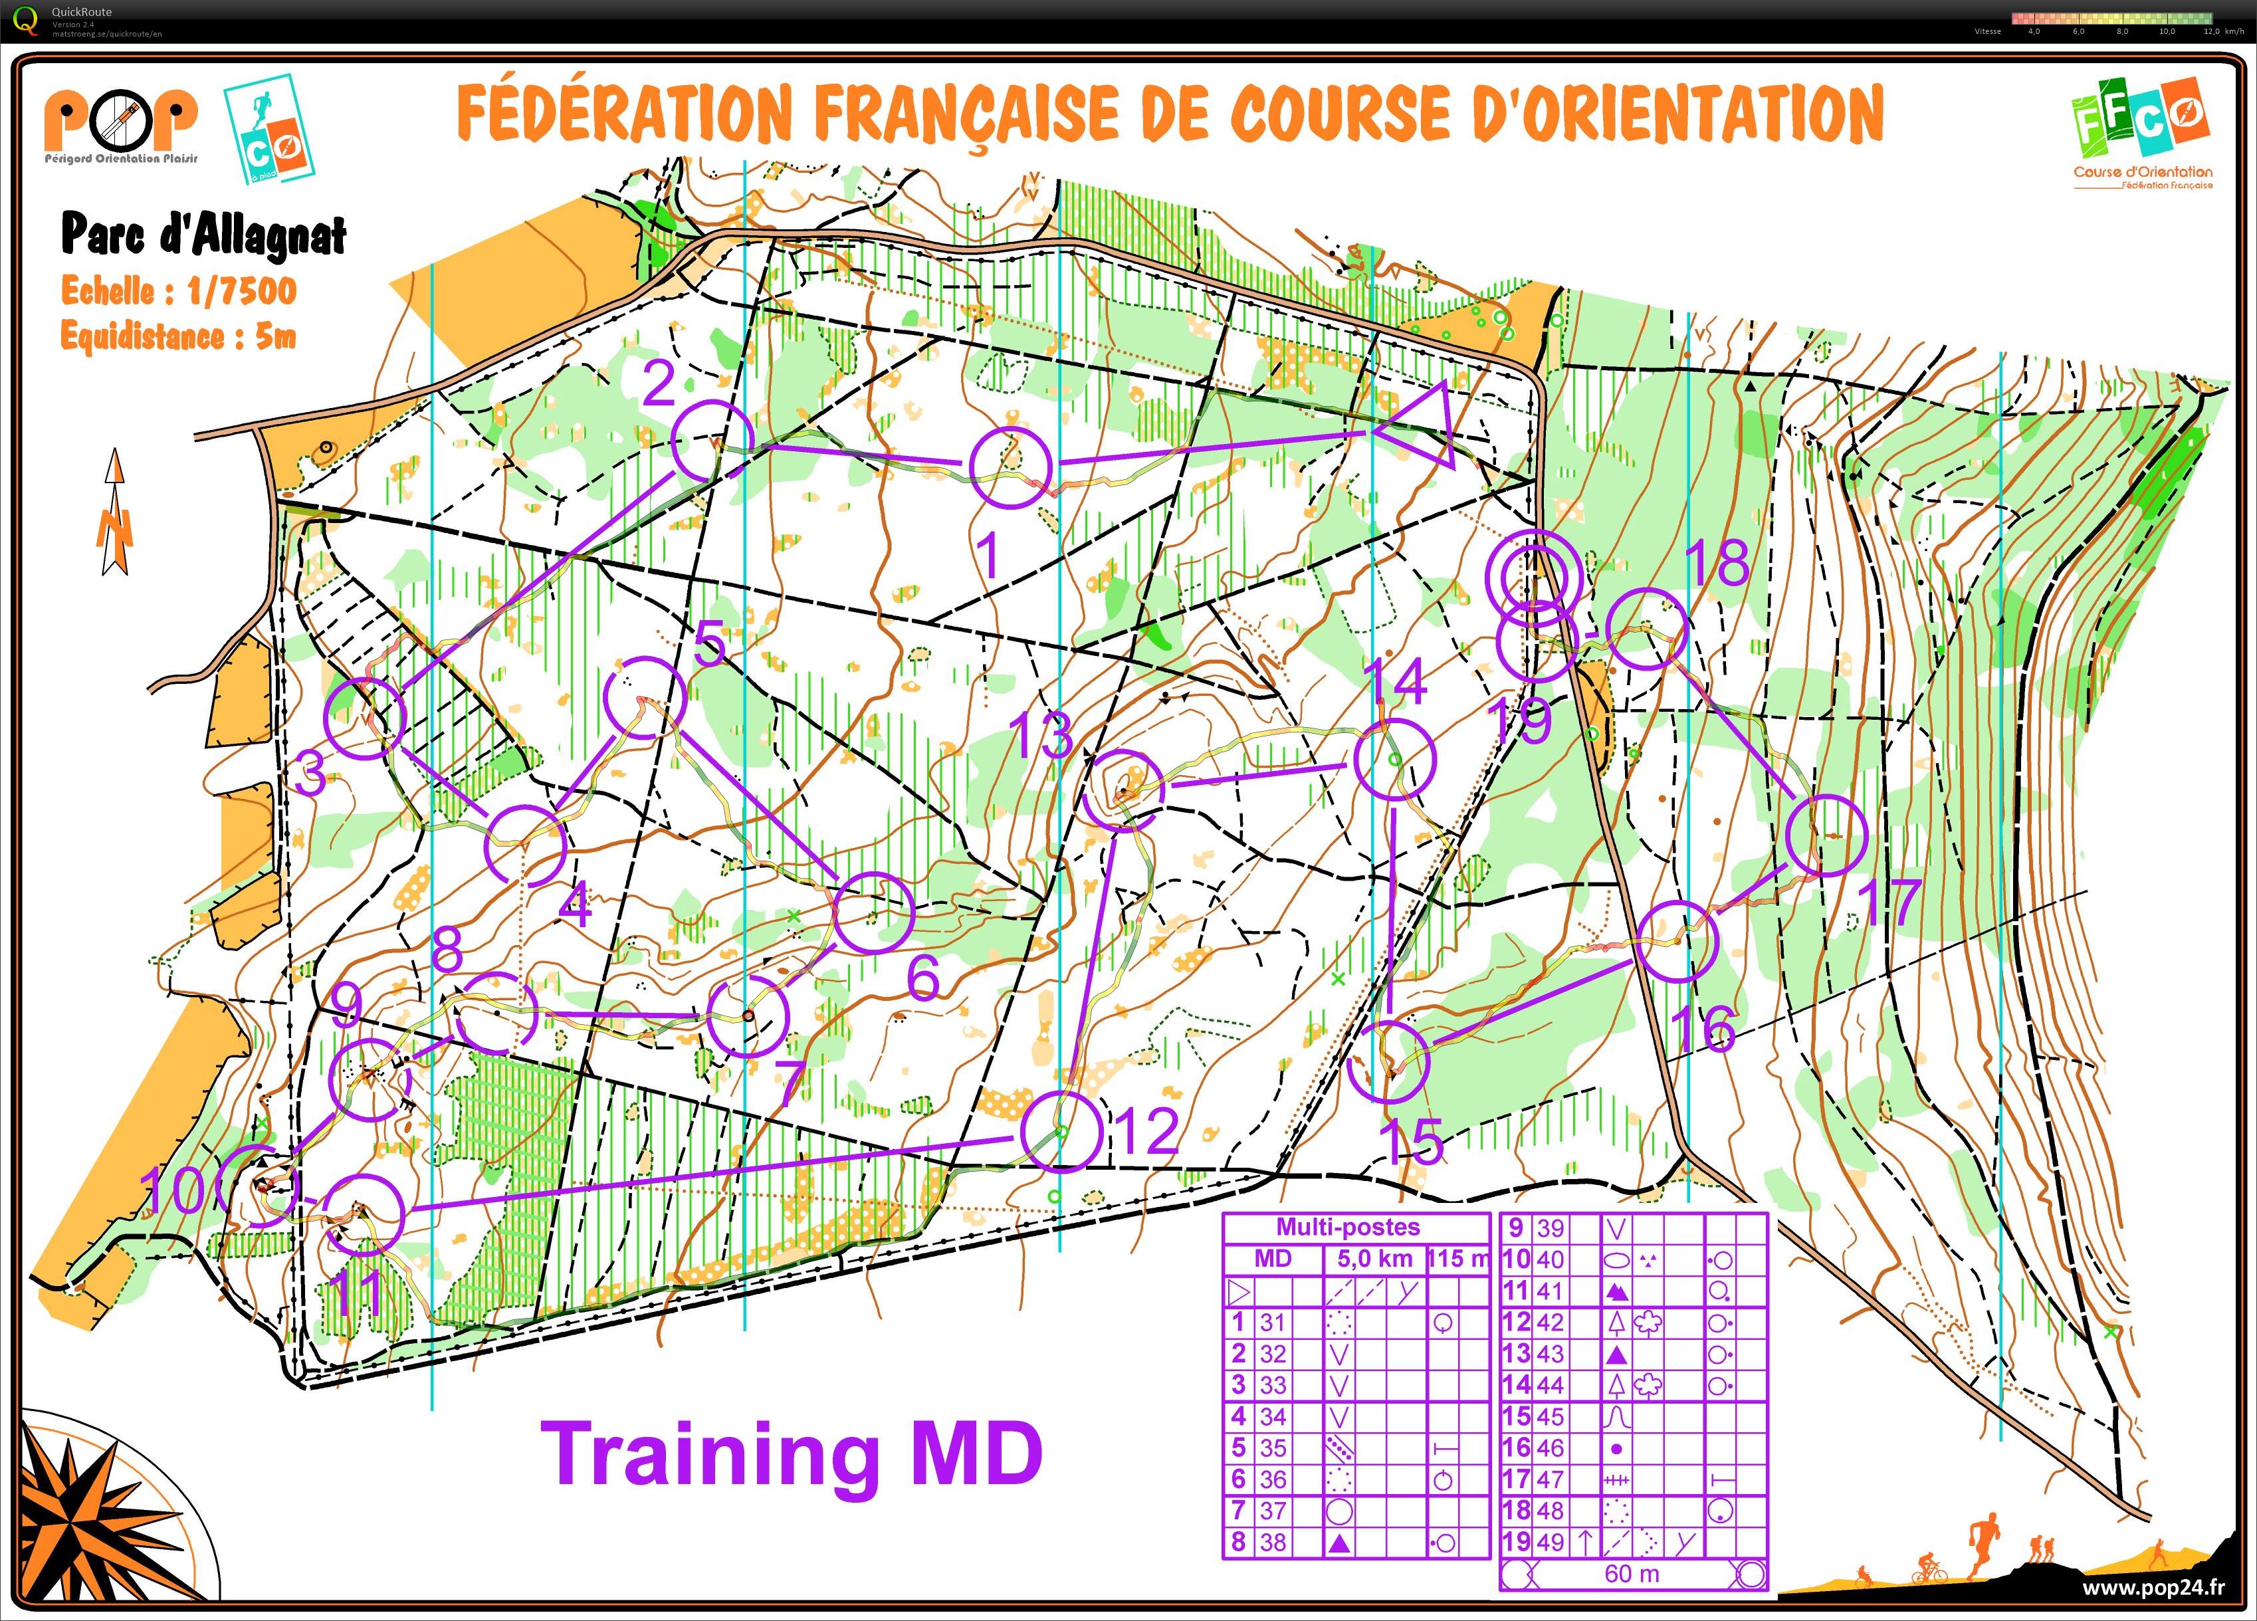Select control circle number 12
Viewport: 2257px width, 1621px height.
pos(1061,1131)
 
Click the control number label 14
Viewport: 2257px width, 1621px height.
pos(1395,682)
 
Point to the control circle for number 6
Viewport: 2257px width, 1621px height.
pos(873,911)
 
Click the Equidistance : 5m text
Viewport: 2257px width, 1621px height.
pos(179,336)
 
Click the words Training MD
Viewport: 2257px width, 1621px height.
pos(791,1454)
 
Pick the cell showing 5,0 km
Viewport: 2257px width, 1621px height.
pos(1374,1259)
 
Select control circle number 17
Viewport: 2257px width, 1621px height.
pos(1827,835)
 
